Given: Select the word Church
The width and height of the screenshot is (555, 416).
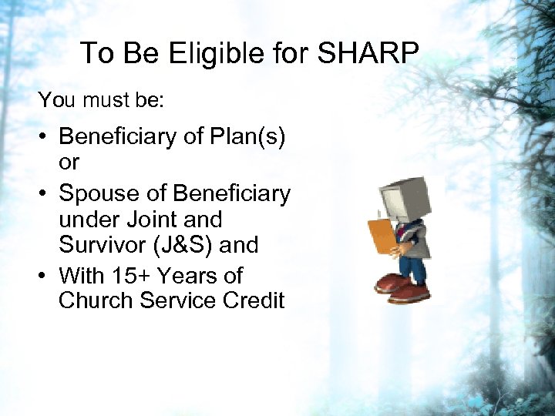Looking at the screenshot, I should click(96, 300).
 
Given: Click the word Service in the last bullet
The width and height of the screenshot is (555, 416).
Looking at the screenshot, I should click(178, 300).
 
